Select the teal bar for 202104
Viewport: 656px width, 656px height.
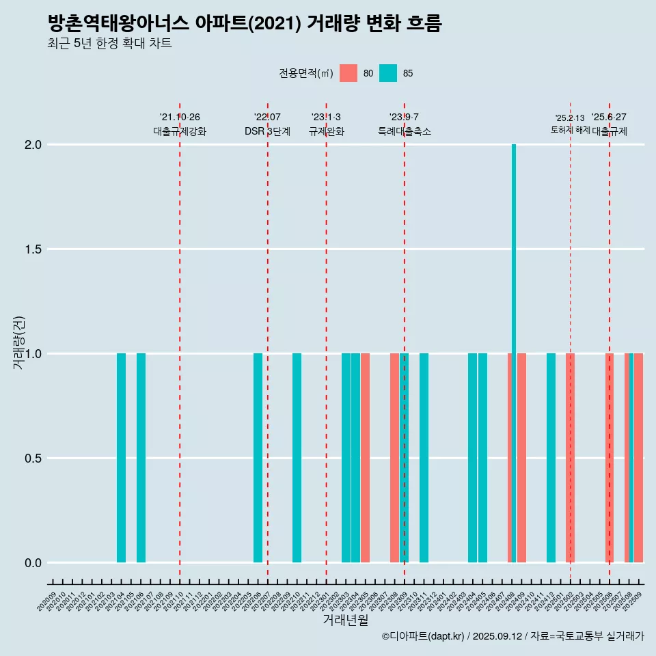121,458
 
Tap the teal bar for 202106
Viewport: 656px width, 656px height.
141,458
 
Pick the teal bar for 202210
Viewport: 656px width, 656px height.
297,458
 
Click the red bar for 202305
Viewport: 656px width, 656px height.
366,458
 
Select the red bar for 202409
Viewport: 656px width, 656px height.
522,458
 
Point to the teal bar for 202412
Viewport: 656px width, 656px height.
551,458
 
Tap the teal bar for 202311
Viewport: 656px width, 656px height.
424,458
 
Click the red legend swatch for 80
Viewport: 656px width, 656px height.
348,73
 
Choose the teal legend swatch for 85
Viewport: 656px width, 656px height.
388,73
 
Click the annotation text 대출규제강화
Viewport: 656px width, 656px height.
179,131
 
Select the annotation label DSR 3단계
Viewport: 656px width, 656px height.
267,131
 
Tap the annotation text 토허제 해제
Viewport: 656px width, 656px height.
570,130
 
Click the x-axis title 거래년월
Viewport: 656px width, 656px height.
345,620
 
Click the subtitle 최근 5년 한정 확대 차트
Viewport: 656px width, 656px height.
109,44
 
